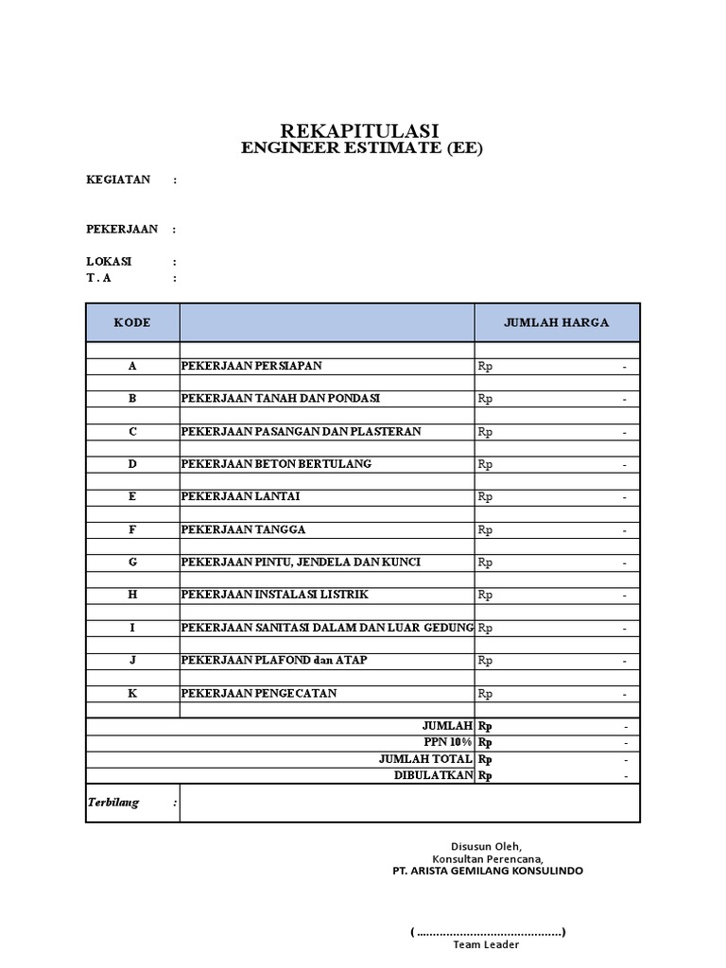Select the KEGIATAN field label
[118, 180]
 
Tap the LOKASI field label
[109, 261]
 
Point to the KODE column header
[132, 322]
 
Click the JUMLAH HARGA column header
[556, 322]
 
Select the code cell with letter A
[132, 366]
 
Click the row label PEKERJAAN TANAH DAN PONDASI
[281, 399]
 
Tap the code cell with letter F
[132, 529]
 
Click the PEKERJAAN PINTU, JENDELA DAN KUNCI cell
[301, 562]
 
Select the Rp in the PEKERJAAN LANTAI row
[485, 497]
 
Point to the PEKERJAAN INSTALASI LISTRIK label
[274, 595]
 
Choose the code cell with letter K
[132, 693]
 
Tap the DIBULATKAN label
[433, 775]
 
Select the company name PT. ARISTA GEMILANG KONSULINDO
[488, 871]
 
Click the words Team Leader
[486, 944]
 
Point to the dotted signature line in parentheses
[488, 932]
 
